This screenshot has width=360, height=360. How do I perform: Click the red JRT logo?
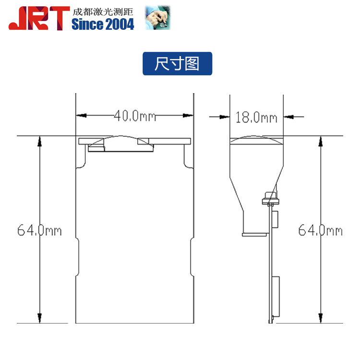coord(39,18)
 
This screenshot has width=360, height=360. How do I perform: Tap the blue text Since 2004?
coord(103,24)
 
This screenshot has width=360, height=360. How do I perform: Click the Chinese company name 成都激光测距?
coord(103,12)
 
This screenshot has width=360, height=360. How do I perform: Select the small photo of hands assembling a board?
coord(157,17)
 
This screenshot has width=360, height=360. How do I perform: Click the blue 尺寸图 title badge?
coord(177,63)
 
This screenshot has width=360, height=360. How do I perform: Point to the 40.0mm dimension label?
coord(135,116)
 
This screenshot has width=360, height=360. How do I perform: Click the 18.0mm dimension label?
coord(256,117)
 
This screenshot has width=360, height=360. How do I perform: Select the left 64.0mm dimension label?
coord(39,230)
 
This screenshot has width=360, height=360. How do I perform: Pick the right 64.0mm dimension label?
coord(320,230)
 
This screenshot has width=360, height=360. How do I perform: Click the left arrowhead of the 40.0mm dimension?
coord(81,115)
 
